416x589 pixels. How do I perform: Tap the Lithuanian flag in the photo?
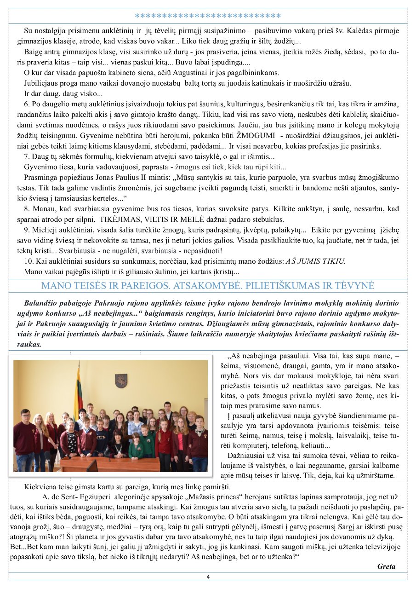(79, 391)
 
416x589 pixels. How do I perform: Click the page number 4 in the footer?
(208, 577)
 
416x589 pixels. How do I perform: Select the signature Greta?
(386, 566)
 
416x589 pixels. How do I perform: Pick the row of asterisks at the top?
(208, 16)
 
